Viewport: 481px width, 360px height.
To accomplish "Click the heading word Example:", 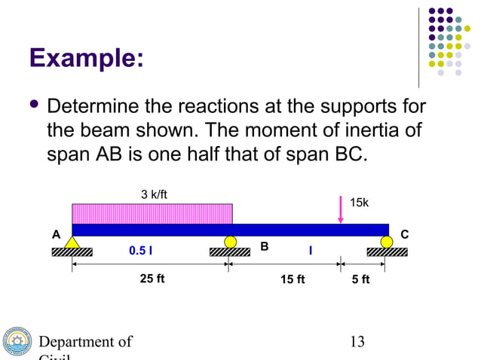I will click(85, 58).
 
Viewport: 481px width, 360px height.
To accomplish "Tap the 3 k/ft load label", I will click(155, 195).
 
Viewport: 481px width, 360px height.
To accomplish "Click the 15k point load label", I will click(360, 203).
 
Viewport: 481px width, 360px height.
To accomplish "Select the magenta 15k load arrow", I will click(341, 210).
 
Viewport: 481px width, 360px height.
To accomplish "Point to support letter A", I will click(55, 234).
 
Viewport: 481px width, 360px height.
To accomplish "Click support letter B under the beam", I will click(265, 246).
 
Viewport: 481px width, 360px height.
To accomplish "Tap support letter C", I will click(404, 234).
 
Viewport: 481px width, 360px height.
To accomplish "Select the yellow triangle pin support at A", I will click(72, 243).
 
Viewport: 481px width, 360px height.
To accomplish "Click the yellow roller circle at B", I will click(230, 242).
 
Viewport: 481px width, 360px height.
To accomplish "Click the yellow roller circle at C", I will click(387, 242).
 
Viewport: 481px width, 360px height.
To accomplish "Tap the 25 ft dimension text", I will click(152, 279).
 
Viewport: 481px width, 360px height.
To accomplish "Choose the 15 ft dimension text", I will click(293, 280).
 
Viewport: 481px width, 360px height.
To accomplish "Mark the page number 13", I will click(357, 342).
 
